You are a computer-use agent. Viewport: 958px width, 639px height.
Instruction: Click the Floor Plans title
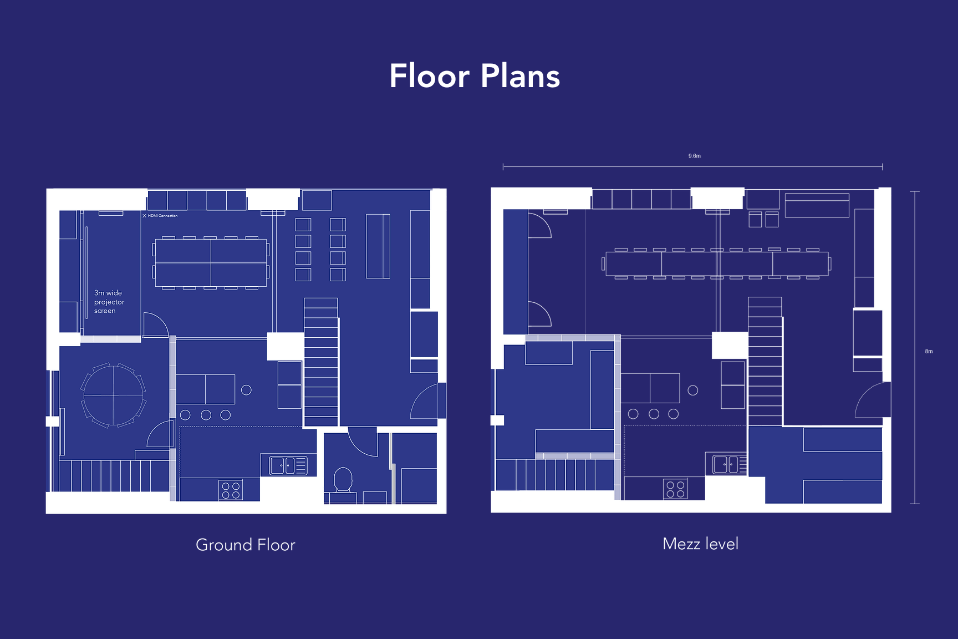[x=475, y=76]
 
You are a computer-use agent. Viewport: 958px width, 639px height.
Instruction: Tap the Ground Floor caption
[x=246, y=545]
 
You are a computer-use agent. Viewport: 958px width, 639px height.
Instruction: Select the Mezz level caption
[x=700, y=544]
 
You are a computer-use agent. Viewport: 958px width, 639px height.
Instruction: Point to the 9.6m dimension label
[x=694, y=156]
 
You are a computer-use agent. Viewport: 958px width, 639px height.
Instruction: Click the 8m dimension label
[x=929, y=351]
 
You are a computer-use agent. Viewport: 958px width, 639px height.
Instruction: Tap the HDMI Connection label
[x=162, y=216]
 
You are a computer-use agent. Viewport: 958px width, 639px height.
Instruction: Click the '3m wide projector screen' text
[x=109, y=302]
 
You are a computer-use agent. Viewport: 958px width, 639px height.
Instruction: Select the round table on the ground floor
[x=114, y=395]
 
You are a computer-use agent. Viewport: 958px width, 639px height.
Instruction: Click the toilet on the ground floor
[x=343, y=479]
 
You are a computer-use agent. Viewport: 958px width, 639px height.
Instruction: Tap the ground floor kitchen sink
[x=288, y=465]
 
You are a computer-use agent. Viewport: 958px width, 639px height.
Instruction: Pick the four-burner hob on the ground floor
[x=231, y=490]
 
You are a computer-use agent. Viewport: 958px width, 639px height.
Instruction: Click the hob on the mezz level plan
[x=675, y=489]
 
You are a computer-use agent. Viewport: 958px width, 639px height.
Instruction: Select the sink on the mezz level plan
[x=726, y=464]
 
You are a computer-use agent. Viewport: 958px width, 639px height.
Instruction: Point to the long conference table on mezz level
[x=717, y=263]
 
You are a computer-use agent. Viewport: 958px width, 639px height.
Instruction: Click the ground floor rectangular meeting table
[x=211, y=263]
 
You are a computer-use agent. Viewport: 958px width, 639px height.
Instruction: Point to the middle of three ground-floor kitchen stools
[x=206, y=415]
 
